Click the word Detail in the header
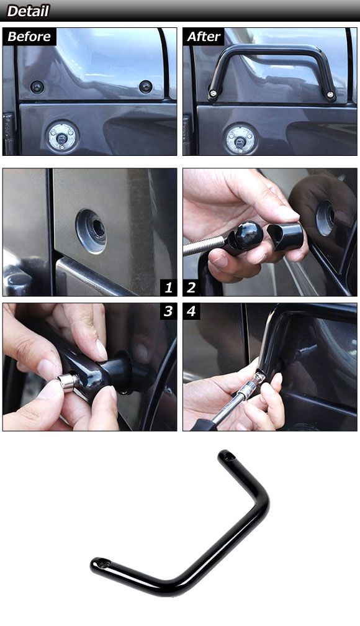(x=28, y=11)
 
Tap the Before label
(x=29, y=36)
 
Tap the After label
(x=204, y=36)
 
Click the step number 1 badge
(x=168, y=288)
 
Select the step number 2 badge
(x=191, y=288)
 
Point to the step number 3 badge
(x=168, y=311)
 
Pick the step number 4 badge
(x=191, y=311)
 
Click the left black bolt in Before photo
(x=37, y=87)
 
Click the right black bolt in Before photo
(x=146, y=87)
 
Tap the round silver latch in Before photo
(x=62, y=137)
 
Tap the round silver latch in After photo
(x=240, y=139)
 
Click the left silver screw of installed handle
(x=213, y=94)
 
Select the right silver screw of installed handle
(x=330, y=94)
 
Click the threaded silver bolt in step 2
(x=204, y=245)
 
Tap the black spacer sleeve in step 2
(x=285, y=237)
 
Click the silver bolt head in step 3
(x=67, y=383)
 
